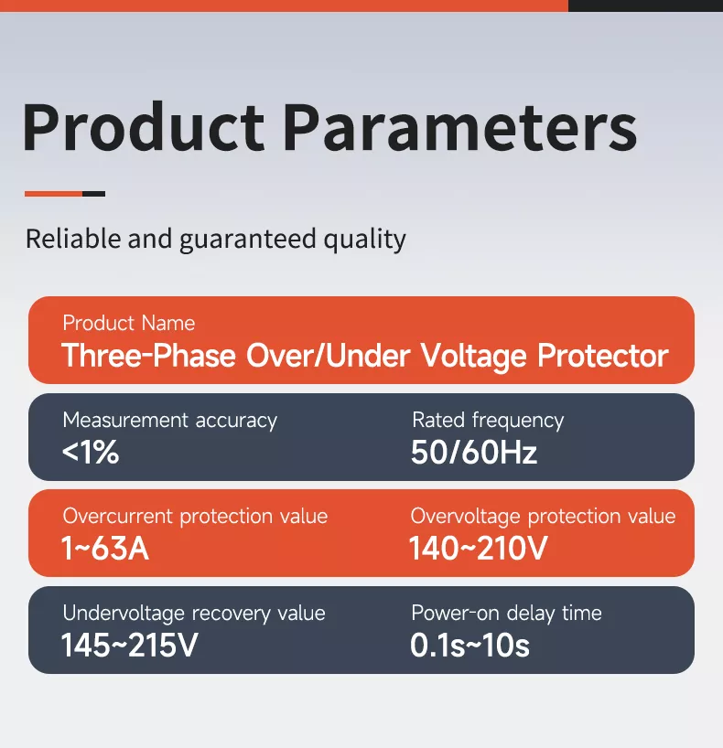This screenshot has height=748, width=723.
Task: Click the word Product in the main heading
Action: (x=144, y=128)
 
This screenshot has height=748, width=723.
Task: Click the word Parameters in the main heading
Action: (x=459, y=128)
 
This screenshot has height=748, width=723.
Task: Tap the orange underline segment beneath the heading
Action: (x=53, y=194)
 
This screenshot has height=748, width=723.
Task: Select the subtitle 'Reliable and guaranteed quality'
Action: (x=215, y=240)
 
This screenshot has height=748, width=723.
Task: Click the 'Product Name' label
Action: (x=129, y=323)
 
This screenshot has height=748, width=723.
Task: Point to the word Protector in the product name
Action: (x=603, y=356)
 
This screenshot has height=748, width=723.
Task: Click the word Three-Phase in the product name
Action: (x=150, y=356)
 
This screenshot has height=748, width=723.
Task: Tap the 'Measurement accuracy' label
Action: (x=169, y=421)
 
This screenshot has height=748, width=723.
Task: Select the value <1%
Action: (x=91, y=453)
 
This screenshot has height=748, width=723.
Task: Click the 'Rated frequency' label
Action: (x=488, y=421)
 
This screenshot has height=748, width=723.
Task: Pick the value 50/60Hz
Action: (x=474, y=453)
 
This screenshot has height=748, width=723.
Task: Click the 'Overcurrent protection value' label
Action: (x=195, y=517)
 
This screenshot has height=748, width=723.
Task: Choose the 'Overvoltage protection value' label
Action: (x=543, y=517)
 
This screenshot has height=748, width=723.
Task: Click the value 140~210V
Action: (x=478, y=550)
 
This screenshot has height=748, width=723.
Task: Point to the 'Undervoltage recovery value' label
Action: (x=193, y=613)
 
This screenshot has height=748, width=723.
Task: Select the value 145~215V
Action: (x=129, y=646)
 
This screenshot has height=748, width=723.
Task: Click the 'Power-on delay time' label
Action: (x=506, y=613)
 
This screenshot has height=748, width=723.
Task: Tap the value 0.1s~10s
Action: (x=469, y=646)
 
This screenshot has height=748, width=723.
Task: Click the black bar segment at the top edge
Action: (x=645, y=5)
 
